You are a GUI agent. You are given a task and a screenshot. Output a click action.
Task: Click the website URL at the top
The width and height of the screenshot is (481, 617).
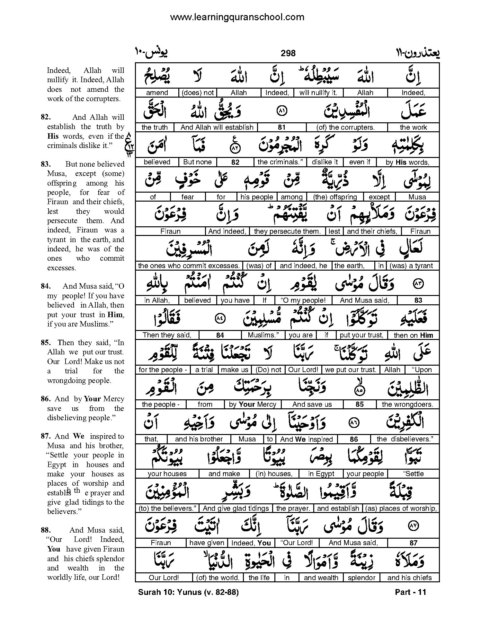[x=237, y=17]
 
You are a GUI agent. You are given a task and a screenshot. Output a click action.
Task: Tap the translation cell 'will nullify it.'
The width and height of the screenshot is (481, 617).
[x=318, y=93]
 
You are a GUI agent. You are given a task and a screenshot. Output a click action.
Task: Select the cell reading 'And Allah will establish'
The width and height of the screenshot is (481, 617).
[x=217, y=127]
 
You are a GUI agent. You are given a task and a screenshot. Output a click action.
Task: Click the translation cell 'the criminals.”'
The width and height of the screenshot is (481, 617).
[x=280, y=162]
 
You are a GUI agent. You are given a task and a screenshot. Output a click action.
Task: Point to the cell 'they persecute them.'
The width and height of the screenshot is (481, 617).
[x=287, y=231]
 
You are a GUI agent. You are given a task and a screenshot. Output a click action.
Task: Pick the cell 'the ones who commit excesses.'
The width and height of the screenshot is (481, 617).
[x=189, y=266]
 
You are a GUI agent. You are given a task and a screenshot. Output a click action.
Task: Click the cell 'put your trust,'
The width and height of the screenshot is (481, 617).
[x=361, y=335]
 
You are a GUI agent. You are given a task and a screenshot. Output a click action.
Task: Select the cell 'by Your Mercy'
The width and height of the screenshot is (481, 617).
[x=253, y=404]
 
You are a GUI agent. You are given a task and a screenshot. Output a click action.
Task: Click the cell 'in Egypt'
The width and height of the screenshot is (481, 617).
[x=321, y=474]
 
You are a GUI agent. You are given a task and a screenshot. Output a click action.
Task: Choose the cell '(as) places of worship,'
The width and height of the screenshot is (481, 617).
[x=401, y=508]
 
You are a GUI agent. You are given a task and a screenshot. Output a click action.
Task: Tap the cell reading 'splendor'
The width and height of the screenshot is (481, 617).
[x=361, y=578]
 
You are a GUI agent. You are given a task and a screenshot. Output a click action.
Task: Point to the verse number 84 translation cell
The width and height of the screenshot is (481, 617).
[x=220, y=335]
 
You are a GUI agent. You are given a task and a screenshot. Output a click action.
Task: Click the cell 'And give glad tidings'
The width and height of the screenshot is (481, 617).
[x=236, y=508]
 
